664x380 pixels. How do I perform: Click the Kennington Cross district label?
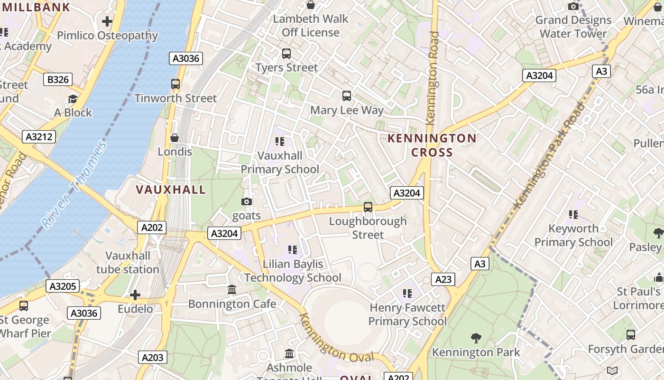coord(432,145)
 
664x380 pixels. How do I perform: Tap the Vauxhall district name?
coord(171,190)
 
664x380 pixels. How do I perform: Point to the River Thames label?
coord(74,185)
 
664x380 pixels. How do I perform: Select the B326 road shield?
coord(58,79)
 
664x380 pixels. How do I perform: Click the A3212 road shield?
coord(39,137)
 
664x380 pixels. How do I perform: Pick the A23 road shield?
coord(443,279)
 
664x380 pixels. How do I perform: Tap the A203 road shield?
coord(153,357)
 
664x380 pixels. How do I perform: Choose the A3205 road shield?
coord(63,285)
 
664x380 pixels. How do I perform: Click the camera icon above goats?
coord(246,201)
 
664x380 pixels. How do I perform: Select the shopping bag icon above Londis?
coord(175,138)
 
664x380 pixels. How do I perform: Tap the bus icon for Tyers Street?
coord(286,54)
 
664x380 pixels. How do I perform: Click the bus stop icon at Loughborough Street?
coord(368,207)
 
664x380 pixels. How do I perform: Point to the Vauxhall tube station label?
coord(128,262)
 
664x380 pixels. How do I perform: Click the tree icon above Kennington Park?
coord(476,338)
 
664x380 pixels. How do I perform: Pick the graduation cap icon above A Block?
coord(73,99)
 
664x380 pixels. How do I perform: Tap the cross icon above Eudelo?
coord(135,295)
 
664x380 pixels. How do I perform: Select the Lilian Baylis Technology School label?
coord(293,271)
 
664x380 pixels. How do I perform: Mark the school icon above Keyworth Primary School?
coord(573,215)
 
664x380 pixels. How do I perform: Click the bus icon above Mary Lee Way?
coord(347,96)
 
